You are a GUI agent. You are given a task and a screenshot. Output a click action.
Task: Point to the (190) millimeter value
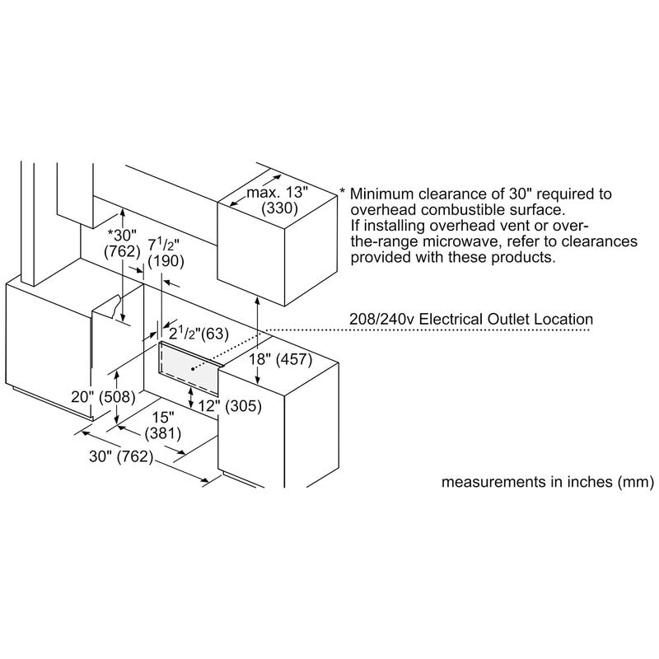166,260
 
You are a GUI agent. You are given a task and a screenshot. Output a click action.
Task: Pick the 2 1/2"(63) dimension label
196,334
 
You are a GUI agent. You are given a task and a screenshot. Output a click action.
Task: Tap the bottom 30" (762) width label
122,457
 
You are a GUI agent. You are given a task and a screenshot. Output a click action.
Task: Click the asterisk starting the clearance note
343,192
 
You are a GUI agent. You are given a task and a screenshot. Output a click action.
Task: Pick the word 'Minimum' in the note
380,194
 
